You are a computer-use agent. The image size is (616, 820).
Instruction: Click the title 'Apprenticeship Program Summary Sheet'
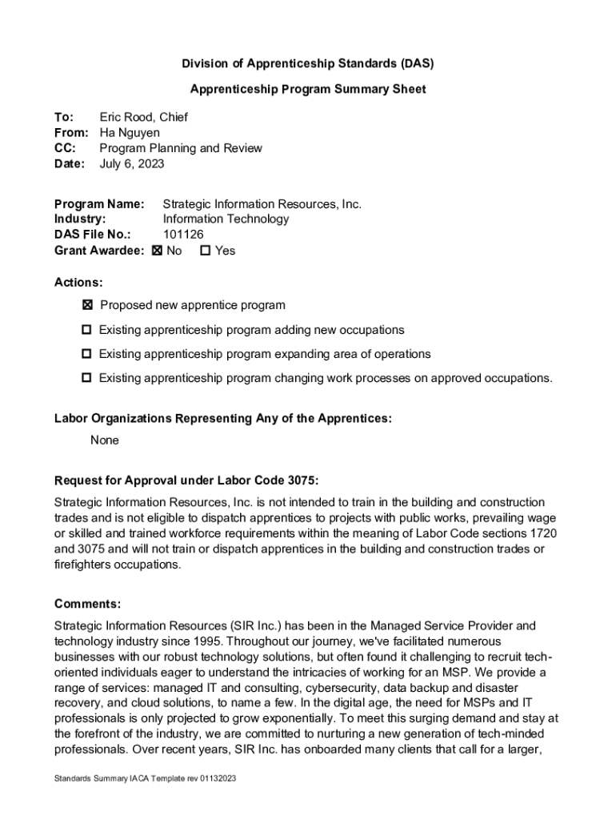(308, 89)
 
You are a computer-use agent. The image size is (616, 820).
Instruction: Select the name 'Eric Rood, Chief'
(143, 117)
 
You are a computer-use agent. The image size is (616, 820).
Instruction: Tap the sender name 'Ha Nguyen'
(130, 132)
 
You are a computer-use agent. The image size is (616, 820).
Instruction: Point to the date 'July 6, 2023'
(132, 163)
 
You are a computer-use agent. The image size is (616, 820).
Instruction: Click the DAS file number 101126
(183, 234)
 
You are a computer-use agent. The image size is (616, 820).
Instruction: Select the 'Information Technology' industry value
(226, 219)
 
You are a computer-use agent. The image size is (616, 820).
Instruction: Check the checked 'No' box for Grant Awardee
(157, 251)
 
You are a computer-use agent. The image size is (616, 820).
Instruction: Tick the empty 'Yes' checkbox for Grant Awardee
(205, 251)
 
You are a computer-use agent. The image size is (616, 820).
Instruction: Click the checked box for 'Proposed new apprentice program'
(87, 305)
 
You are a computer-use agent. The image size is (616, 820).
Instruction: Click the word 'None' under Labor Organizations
(105, 440)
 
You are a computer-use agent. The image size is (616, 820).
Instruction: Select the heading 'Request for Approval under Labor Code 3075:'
(186, 480)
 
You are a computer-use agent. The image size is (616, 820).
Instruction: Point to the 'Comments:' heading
(88, 604)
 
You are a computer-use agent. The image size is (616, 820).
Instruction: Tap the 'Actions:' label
(78, 283)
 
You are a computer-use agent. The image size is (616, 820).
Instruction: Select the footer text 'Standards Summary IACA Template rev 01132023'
(145, 778)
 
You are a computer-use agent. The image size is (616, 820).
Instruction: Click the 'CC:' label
(65, 148)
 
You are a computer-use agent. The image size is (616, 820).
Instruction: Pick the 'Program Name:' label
(99, 203)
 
